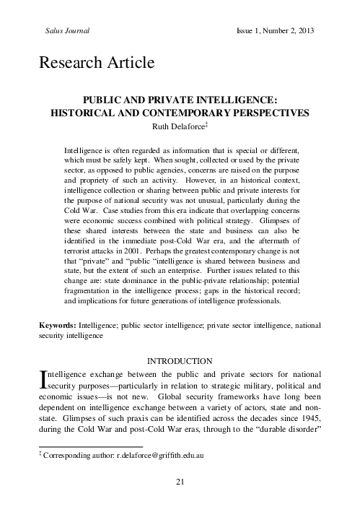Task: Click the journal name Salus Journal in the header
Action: point(61,32)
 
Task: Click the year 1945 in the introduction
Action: point(307,418)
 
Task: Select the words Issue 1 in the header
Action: point(250,32)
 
